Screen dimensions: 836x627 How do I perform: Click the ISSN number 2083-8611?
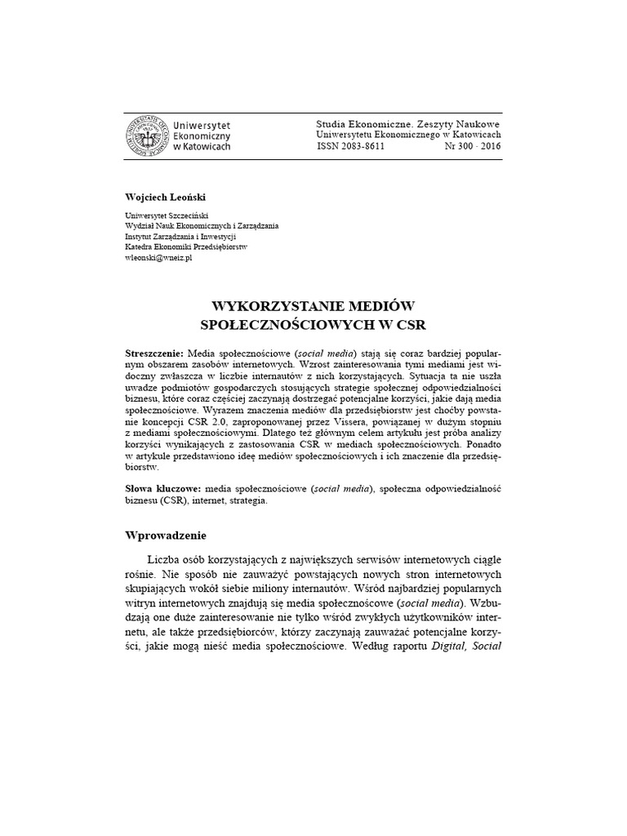tap(350, 147)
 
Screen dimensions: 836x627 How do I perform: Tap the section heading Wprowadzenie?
tap(166, 536)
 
